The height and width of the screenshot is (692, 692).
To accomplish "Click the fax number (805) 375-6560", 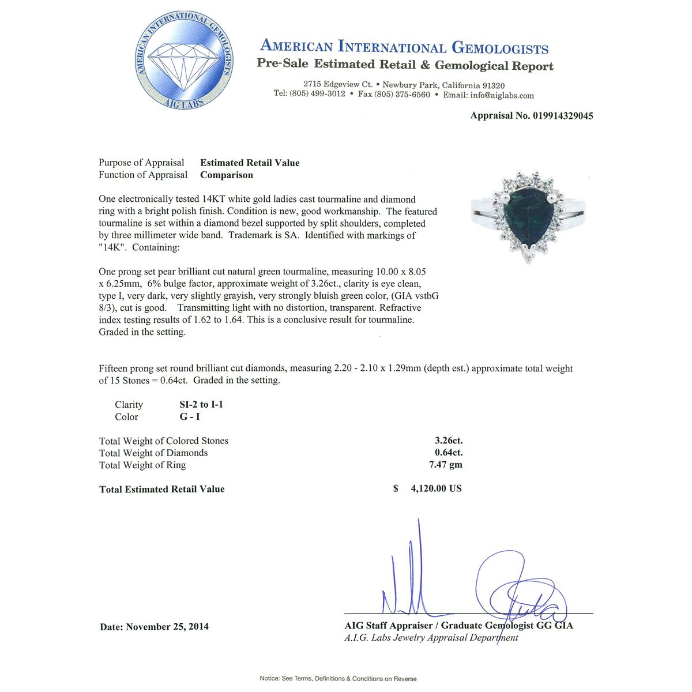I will point(402,95).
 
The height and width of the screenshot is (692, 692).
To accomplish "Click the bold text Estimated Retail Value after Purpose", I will point(250,163).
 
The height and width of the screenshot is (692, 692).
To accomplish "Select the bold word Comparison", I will point(227,175).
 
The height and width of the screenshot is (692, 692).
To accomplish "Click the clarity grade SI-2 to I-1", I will point(201,405).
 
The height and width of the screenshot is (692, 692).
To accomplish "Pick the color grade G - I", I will point(190,417).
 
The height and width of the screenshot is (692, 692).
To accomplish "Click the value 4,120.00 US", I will point(436,489).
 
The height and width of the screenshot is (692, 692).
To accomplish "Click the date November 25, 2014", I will point(167,627).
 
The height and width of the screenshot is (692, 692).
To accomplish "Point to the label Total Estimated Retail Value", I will point(162,490).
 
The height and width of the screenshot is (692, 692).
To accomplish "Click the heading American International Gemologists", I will point(404,47).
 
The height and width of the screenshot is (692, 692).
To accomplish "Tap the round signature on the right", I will point(519,585).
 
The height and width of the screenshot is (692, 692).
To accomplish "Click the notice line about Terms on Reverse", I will point(338,679).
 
